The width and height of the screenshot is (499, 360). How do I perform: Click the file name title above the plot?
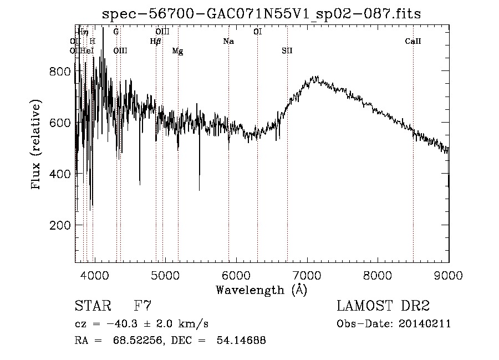(x=262, y=14)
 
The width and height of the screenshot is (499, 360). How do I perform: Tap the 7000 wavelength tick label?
(x=307, y=275)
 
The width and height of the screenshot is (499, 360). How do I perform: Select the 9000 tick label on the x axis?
(x=448, y=275)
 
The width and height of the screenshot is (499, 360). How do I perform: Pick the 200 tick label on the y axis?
(x=59, y=225)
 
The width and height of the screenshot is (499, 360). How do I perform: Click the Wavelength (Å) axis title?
(x=261, y=290)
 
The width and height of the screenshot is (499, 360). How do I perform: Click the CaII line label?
(x=413, y=41)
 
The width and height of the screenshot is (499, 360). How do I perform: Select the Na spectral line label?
(x=228, y=41)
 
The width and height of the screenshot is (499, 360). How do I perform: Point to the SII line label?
(x=287, y=50)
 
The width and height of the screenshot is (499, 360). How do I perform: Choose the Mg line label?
(x=177, y=51)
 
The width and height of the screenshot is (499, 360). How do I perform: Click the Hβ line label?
(x=155, y=41)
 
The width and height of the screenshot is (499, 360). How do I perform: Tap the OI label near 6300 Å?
(x=258, y=32)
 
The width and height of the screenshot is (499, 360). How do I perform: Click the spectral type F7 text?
(x=142, y=306)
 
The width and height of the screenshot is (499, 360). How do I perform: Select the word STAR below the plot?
(x=91, y=306)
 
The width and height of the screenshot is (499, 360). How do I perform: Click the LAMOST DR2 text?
(x=383, y=306)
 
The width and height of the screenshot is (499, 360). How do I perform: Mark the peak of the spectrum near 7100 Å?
(x=315, y=77)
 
